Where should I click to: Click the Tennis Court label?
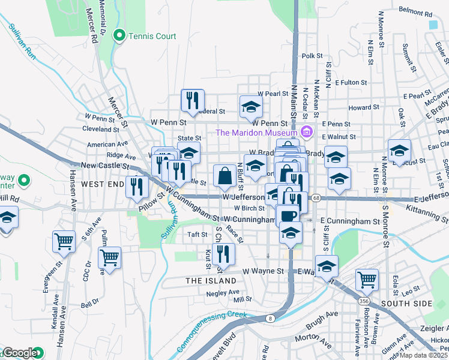pos(152,36)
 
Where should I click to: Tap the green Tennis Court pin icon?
pos(119,36)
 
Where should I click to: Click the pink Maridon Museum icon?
pos(307,132)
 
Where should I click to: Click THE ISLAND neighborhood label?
pos(211,281)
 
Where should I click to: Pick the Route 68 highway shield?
pos(315,197)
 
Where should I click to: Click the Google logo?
pos(20,353)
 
